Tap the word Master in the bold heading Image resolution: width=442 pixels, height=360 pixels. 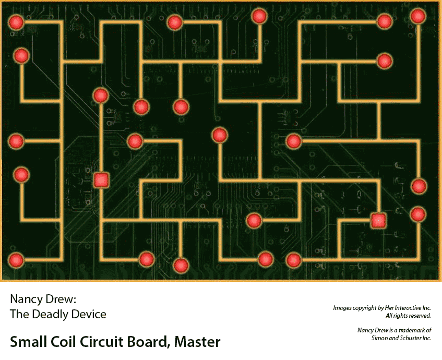pyautogui.click(x=198, y=342)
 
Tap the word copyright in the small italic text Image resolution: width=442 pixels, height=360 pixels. pyautogui.click(x=369, y=308)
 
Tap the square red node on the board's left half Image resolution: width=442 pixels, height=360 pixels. pyautogui.click(x=101, y=180)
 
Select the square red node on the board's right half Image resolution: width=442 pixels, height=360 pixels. pyautogui.click(x=378, y=220)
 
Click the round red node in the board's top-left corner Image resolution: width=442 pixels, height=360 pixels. pyautogui.click(x=16, y=22)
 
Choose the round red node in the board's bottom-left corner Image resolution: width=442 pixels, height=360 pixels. pyautogui.click(x=16, y=259)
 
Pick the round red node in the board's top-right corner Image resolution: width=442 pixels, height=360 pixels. pyautogui.click(x=418, y=16)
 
